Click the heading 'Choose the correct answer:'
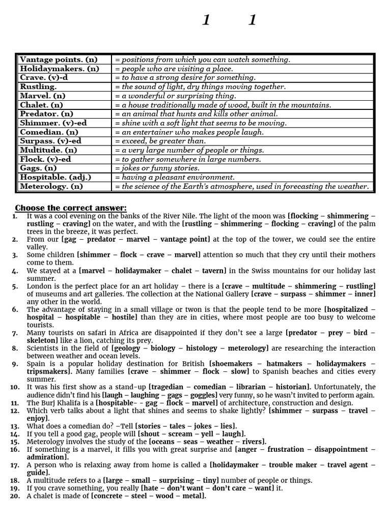[x=71, y=208]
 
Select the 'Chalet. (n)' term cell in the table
[x=40, y=105]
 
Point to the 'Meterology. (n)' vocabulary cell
[x=51, y=186]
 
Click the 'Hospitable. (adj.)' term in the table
[x=55, y=177]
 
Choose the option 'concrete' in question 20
[x=110, y=496]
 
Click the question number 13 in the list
[x=14, y=426]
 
